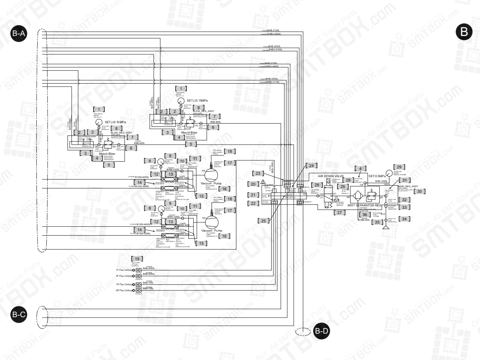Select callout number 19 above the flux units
click(138, 258)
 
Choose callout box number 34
click(405, 219)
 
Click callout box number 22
click(253, 204)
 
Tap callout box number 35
click(376, 222)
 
